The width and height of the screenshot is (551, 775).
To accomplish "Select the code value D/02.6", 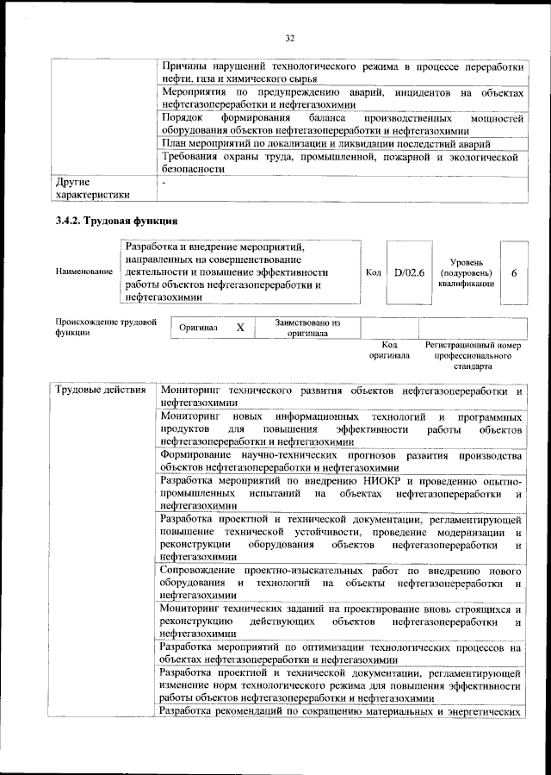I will [x=404, y=272].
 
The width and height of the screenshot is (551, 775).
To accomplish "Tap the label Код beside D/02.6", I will [x=374, y=272].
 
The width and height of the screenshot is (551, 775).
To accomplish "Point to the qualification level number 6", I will [x=514, y=272].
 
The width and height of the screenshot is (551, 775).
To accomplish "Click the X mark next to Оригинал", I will [x=240, y=328].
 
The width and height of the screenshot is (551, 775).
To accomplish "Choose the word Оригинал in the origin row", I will [x=199, y=328].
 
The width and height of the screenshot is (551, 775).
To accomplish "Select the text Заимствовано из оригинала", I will [x=308, y=328].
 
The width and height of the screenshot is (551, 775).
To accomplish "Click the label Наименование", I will [x=84, y=272].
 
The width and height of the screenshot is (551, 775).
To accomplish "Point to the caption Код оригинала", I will [x=388, y=349].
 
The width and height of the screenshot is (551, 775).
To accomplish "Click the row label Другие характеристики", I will [x=92, y=189].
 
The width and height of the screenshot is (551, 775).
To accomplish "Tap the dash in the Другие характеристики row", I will [x=163, y=183].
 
